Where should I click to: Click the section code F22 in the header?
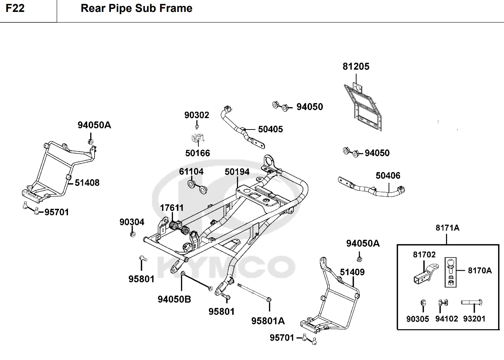[x=15, y=8]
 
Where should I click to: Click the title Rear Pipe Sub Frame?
[x=136, y=8]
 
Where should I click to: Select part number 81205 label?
[x=356, y=67]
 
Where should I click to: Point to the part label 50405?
[x=270, y=129]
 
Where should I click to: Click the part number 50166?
[x=197, y=153]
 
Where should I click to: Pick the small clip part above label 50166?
[x=198, y=138]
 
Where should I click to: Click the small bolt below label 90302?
[x=197, y=127]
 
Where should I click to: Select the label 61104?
[x=191, y=171]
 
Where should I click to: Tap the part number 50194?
[x=237, y=172]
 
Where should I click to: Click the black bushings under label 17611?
[x=179, y=228]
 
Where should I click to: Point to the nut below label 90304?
[x=133, y=234]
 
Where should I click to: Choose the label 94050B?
[x=174, y=299]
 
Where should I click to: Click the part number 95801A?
[x=268, y=321]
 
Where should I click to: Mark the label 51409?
[x=352, y=272]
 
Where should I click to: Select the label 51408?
[x=87, y=183]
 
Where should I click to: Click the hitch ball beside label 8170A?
[x=451, y=264]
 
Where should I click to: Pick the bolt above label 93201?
[x=471, y=302]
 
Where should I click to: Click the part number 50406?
[x=388, y=176]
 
